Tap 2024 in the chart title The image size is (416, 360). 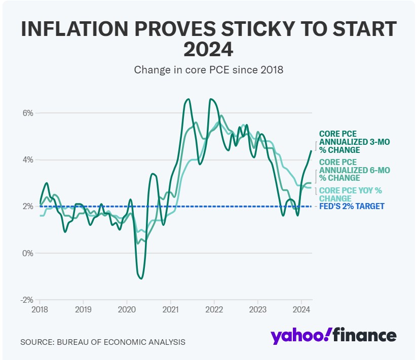point(208,49)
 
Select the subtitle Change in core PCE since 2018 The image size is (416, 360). point(208,70)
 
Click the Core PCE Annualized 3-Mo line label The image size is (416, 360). point(354,142)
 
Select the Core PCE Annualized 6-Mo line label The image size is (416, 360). point(354,170)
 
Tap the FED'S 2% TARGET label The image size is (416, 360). point(352,207)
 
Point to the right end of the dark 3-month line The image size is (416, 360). point(311,151)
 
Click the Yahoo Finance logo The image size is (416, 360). point(333,336)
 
